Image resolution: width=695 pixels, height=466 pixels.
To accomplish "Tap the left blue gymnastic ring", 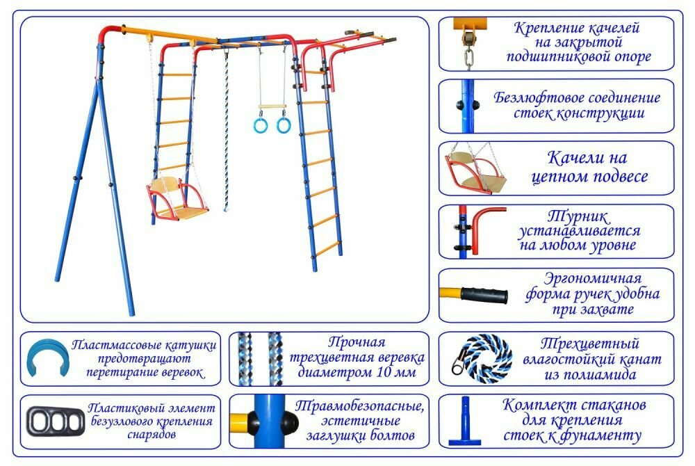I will (x=259, y=125).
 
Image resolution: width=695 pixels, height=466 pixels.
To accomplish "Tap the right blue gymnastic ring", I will (x=284, y=125).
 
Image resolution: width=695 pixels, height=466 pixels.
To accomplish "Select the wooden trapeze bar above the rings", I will (x=272, y=107).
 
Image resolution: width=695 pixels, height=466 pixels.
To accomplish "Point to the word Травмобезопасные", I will (x=359, y=406).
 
